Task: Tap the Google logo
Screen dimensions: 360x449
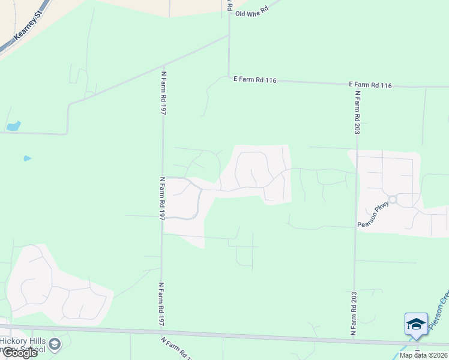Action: (19, 353)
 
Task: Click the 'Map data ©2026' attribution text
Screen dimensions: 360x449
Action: (423, 355)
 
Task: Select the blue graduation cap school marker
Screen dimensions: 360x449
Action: (416, 325)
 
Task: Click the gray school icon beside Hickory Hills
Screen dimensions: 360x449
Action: (55, 344)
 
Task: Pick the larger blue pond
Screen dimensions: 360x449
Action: (13, 126)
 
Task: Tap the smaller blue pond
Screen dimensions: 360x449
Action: (26, 158)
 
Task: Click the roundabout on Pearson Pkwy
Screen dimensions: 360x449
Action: (393, 199)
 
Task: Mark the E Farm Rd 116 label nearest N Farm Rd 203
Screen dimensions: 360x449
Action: (370, 85)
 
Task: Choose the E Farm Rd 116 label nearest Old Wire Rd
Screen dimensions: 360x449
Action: (255, 80)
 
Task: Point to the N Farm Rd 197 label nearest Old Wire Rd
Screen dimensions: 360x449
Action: (163, 93)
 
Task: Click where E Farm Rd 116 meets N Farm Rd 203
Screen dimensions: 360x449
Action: (357, 85)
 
